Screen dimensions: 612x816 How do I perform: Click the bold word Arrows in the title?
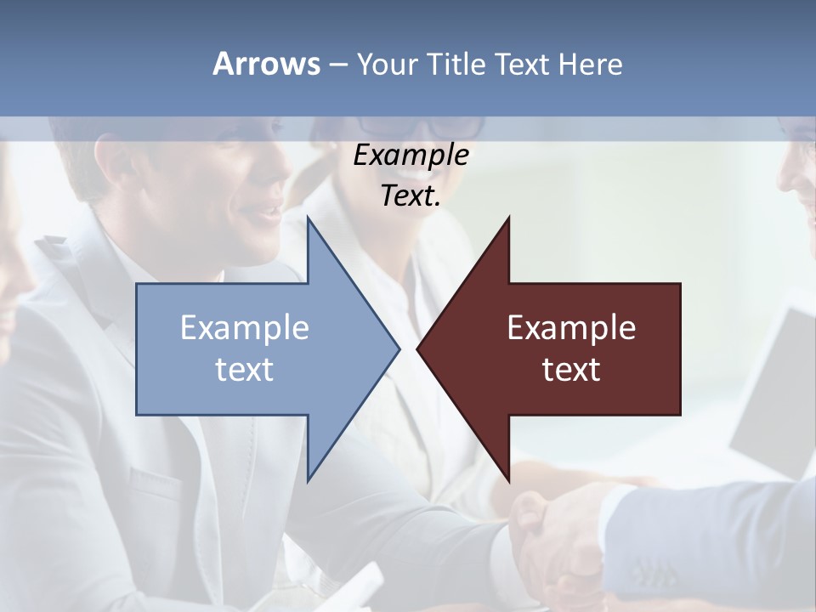pyautogui.click(x=266, y=64)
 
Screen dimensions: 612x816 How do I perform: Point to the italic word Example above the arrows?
pyautogui.click(x=411, y=156)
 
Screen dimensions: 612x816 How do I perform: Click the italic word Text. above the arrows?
pyautogui.click(x=411, y=196)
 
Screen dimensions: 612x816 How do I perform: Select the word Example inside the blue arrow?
pyautogui.click(x=245, y=327)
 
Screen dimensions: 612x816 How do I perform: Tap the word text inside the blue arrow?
pyautogui.click(x=245, y=370)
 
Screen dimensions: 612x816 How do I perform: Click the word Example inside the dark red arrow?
pyautogui.click(x=571, y=327)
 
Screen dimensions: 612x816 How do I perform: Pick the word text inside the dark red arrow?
pyautogui.click(x=571, y=370)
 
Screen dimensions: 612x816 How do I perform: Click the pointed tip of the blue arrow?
pyautogui.click(x=398, y=348)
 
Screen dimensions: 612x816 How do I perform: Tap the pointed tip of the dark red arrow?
pyautogui.click(x=418, y=348)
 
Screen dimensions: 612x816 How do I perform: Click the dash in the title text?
pyautogui.click(x=337, y=64)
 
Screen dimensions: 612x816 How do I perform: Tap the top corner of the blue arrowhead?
pyautogui.click(x=309, y=218)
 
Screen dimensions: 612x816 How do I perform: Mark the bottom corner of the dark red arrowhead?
pyautogui.click(x=508, y=479)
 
